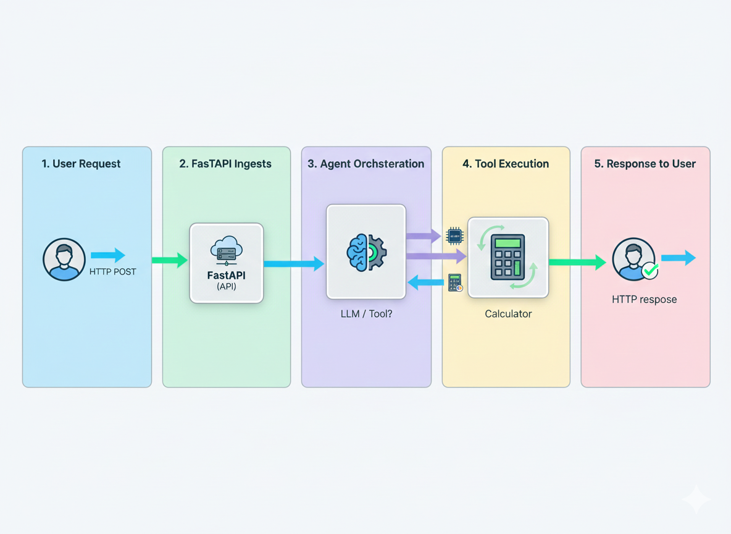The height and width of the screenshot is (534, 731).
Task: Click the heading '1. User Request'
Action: click(x=81, y=164)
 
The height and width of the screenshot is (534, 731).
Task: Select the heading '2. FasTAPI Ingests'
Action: click(x=225, y=164)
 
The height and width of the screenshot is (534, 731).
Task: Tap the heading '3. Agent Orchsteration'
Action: click(x=365, y=164)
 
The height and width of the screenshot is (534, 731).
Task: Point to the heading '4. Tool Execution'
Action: click(x=506, y=164)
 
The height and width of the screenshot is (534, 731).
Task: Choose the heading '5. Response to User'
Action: click(x=645, y=164)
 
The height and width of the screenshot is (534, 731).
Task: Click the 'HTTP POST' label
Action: click(x=112, y=271)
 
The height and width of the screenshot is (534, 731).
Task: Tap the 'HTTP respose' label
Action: click(x=644, y=300)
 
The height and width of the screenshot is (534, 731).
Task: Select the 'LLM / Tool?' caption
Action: click(x=366, y=314)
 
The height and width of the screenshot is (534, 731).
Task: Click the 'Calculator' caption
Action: click(x=508, y=314)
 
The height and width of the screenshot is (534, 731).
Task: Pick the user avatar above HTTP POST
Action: click(x=64, y=260)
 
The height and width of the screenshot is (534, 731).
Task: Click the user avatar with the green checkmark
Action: click(x=634, y=260)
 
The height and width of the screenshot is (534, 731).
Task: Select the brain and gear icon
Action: click(x=366, y=252)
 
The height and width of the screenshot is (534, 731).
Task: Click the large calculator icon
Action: click(x=508, y=257)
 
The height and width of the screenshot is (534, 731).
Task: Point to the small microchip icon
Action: click(x=454, y=235)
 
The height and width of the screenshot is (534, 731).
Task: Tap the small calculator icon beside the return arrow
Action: click(x=455, y=283)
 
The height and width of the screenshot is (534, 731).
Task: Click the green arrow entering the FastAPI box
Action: click(x=169, y=260)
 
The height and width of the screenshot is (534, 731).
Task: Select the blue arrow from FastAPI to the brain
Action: click(x=294, y=264)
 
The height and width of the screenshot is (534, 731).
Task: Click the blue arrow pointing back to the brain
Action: click(x=426, y=283)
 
